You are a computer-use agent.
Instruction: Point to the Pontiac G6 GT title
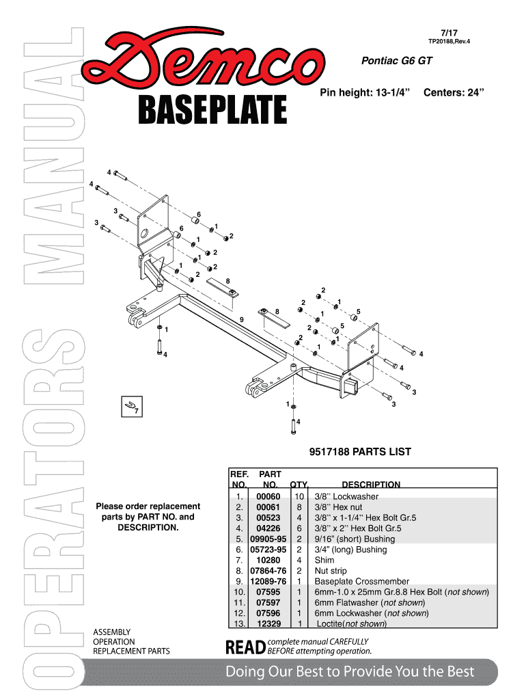[396, 61]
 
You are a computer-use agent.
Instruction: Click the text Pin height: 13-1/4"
[364, 92]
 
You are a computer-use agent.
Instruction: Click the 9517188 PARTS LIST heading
[361, 452]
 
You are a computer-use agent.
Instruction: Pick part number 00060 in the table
[268, 496]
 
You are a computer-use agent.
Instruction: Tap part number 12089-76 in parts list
[266, 582]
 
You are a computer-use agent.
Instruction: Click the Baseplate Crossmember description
[361, 582]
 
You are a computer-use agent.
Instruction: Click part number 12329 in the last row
[268, 624]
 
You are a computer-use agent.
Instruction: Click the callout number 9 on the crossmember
[242, 319]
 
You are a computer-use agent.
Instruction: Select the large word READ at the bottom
[245, 645]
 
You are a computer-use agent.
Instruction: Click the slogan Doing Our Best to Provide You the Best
[350, 672]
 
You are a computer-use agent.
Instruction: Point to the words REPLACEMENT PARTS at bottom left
[131, 651]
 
